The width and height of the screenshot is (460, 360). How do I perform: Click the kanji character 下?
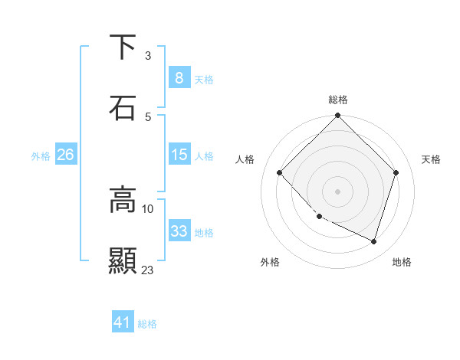click(123, 47)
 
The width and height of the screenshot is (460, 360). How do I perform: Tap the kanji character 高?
click(123, 200)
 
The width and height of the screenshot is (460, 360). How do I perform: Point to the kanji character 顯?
click(123, 260)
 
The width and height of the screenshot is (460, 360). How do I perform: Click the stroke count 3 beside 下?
click(148, 56)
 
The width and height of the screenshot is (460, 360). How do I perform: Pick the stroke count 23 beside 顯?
click(148, 270)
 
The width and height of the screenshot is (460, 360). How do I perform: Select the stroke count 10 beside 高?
click(148, 208)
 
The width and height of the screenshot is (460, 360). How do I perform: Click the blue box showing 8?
click(179, 77)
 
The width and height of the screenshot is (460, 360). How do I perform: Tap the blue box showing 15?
click(179, 155)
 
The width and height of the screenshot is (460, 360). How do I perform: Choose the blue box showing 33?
click(179, 231)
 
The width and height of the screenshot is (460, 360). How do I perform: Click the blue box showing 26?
click(65, 155)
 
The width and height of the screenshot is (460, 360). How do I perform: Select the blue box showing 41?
click(123, 322)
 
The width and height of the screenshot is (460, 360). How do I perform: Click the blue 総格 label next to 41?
click(147, 324)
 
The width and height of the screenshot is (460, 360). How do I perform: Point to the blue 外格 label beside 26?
click(41, 155)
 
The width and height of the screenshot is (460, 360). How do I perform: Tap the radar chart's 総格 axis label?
click(338, 100)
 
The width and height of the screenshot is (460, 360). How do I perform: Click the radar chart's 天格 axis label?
click(431, 159)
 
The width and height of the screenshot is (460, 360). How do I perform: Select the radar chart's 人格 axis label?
click(245, 159)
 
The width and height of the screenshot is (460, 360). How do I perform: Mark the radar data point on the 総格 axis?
click(338, 116)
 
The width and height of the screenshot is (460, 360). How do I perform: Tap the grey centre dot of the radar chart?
click(338, 191)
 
